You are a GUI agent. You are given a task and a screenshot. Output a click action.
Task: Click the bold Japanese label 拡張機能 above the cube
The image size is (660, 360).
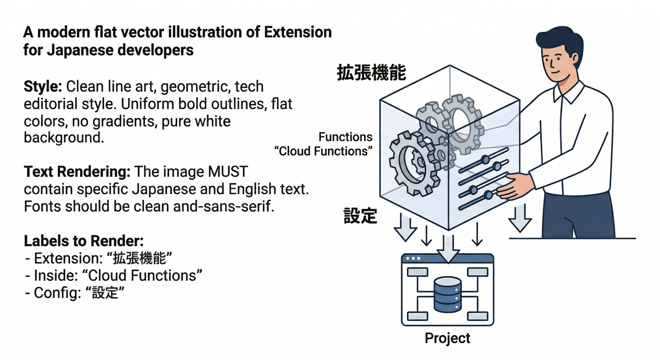coord(371,74)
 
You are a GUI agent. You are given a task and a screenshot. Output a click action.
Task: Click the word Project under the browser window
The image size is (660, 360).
coord(447,338)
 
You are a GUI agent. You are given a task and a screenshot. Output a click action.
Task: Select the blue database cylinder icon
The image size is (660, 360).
coord(448,294)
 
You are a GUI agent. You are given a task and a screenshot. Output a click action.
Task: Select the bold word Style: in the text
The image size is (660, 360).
coord(43,87)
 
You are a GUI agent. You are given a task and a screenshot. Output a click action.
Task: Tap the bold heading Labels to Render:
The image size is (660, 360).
coord(83,241)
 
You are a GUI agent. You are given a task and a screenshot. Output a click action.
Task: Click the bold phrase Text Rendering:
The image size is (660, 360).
coord(77,172)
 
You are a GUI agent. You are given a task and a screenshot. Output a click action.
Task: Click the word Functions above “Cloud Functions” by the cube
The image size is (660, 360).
coord(345,137)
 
